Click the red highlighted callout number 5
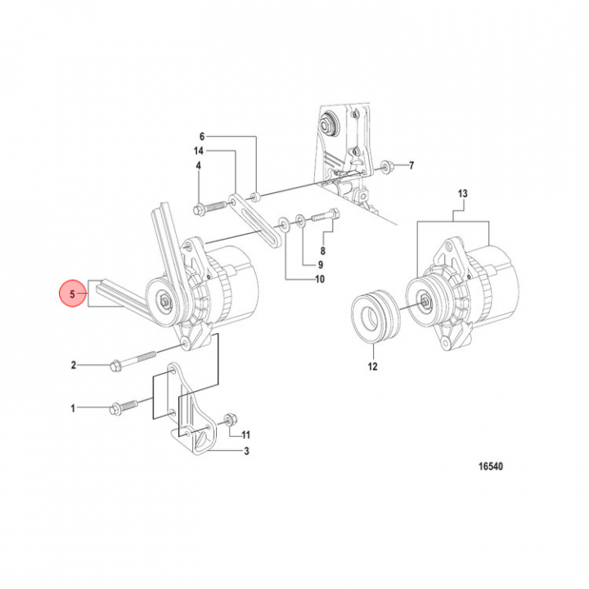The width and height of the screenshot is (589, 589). (73, 294)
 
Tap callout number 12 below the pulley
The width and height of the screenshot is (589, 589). (372, 366)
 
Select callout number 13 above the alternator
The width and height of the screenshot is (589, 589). (462, 194)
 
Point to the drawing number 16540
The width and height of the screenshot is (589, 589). (490, 466)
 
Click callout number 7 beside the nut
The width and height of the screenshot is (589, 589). (411, 165)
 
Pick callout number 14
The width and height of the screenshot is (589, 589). (198, 151)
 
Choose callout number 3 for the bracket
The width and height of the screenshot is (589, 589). (246, 451)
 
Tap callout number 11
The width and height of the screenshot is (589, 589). (245, 435)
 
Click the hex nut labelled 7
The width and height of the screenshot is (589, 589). (386, 165)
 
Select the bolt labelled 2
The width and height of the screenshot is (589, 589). (133, 359)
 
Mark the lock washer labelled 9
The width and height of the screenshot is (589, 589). (300, 221)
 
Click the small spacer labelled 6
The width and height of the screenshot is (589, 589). (256, 196)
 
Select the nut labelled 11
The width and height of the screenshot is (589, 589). (230, 420)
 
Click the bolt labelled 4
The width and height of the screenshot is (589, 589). (210, 208)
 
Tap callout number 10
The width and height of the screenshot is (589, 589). (320, 279)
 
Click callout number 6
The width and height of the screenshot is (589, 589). (202, 137)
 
